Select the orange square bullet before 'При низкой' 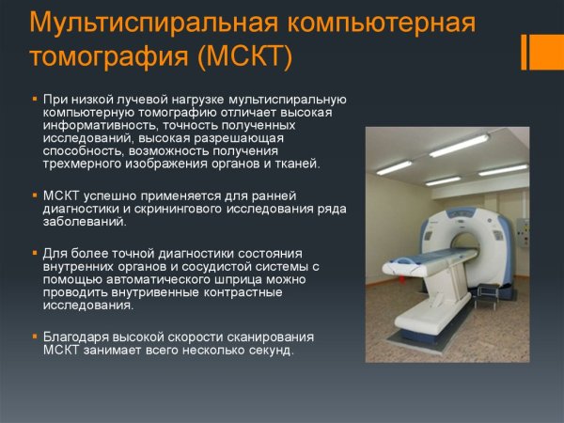tap(35, 98)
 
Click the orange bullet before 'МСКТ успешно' tap(35, 196)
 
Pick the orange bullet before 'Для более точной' tap(35, 254)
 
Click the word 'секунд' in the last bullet tap(271, 351)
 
